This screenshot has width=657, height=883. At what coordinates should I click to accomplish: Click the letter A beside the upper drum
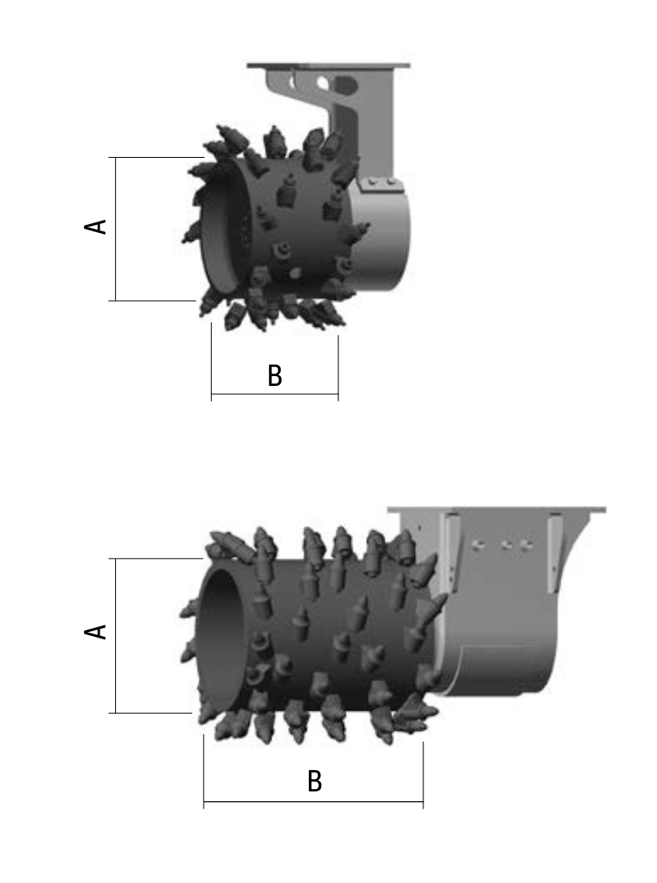[x=96, y=226]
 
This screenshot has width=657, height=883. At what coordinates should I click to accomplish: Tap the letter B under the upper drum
[x=275, y=375]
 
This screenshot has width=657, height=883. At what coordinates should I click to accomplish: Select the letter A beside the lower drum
[x=96, y=631]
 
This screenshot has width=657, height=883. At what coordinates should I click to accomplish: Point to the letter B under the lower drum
[x=315, y=781]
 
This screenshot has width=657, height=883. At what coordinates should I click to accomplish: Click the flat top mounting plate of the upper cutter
[x=328, y=66]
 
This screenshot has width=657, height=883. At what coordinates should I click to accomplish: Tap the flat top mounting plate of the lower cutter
[x=497, y=510]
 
